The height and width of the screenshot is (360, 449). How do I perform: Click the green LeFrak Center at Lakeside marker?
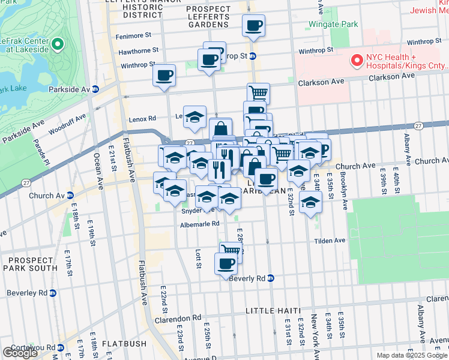[x=58, y=44]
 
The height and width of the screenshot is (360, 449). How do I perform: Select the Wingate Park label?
[x=333, y=25]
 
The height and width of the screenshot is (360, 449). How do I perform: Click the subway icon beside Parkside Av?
[x=95, y=89]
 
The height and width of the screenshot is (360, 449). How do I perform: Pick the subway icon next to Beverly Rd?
[x=271, y=278]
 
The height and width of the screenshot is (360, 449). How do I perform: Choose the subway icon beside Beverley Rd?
[x=52, y=293]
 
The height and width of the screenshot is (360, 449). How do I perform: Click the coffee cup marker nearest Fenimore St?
[x=253, y=26]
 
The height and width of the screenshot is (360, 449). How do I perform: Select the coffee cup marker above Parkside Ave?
[x=164, y=76]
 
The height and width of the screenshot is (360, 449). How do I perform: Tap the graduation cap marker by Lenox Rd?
[x=194, y=117]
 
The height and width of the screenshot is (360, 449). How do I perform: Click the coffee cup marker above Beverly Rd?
[x=226, y=263]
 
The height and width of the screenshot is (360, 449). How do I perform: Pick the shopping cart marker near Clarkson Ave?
[x=258, y=93]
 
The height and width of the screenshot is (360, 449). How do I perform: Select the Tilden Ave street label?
[x=330, y=241]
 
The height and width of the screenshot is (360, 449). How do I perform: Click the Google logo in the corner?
[x=20, y=353]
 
